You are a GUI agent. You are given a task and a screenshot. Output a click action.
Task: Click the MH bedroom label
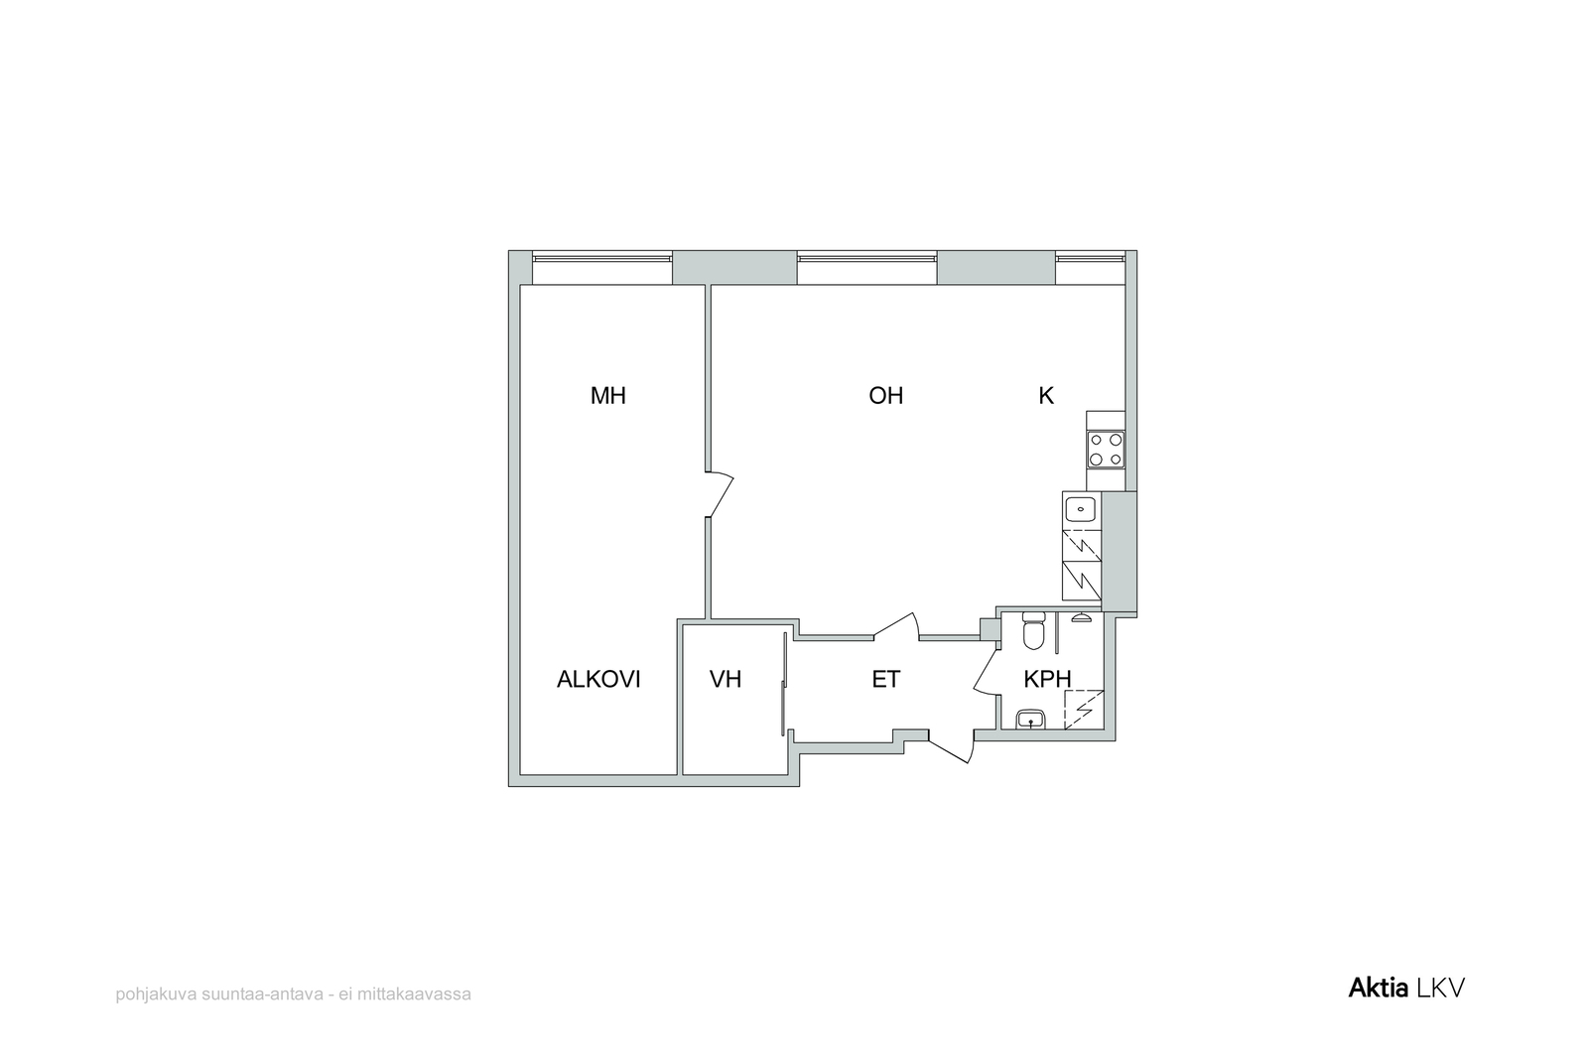click(607, 396)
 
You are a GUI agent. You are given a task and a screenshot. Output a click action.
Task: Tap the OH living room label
click(885, 396)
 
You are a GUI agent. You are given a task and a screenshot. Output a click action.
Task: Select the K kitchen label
click(1046, 396)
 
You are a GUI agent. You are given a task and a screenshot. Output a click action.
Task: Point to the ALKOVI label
click(598, 679)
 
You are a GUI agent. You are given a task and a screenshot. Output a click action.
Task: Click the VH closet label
click(726, 679)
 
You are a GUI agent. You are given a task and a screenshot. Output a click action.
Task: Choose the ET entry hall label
click(885, 679)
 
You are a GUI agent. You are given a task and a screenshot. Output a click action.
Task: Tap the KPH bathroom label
click(1047, 679)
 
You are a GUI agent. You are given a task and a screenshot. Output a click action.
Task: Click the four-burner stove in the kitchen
click(1106, 450)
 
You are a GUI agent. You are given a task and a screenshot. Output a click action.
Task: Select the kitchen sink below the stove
click(1081, 509)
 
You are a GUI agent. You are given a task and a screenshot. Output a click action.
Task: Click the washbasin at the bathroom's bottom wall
click(1030, 720)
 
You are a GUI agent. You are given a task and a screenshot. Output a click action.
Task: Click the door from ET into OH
click(897, 626)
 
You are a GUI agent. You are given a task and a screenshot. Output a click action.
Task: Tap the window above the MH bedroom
click(601, 258)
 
